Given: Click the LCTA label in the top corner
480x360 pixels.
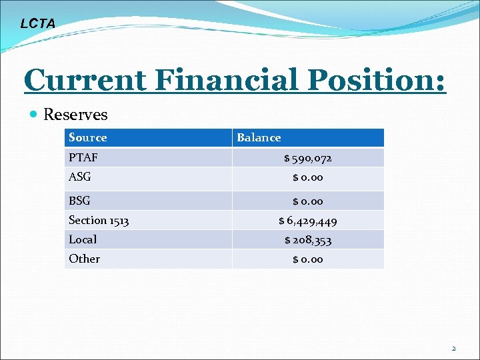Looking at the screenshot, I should click(x=38, y=24).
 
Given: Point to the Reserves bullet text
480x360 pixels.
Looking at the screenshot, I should click(x=75, y=115).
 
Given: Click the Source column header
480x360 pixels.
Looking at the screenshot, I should click(x=87, y=138).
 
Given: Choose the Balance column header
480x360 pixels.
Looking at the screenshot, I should click(x=259, y=138).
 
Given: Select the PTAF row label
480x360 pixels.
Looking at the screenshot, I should click(x=83, y=158).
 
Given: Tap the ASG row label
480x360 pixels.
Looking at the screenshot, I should click(x=80, y=177).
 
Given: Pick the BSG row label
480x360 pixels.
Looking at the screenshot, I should click(x=79, y=201).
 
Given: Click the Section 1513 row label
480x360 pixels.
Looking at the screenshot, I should click(x=99, y=220).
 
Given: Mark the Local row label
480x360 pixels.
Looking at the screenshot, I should click(x=83, y=239).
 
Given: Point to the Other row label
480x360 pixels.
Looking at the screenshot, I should click(x=84, y=259).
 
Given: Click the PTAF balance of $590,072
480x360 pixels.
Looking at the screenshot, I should click(x=307, y=159).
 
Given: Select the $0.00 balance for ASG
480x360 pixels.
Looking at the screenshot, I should click(x=307, y=177).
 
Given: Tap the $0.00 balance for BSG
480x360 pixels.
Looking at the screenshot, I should click(x=307, y=201).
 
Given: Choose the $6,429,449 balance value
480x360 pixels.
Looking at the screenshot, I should click(x=307, y=221).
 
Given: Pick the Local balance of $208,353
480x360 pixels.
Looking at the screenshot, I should click(x=307, y=240).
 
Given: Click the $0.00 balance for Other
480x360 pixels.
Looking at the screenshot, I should click(x=307, y=259).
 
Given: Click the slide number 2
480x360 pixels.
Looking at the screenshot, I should click(x=454, y=348).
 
